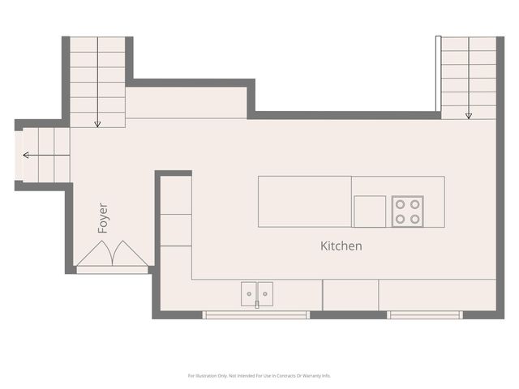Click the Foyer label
point(103,218)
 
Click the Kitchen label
point(341,246)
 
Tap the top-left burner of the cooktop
point(399,204)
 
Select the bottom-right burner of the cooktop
point(414,219)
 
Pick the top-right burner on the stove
point(414,204)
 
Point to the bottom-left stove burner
point(399,219)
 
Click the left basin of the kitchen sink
point(249,293)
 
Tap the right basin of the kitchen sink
point(265,293)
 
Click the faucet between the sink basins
point(257,305)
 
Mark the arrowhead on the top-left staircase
point(97,124)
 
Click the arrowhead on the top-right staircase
point(469,116)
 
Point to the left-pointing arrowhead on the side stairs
point(26,155)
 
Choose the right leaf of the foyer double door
point(130,255)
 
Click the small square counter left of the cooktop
point(369,212)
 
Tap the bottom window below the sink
point(255,314)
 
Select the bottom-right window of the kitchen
point(425,314)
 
